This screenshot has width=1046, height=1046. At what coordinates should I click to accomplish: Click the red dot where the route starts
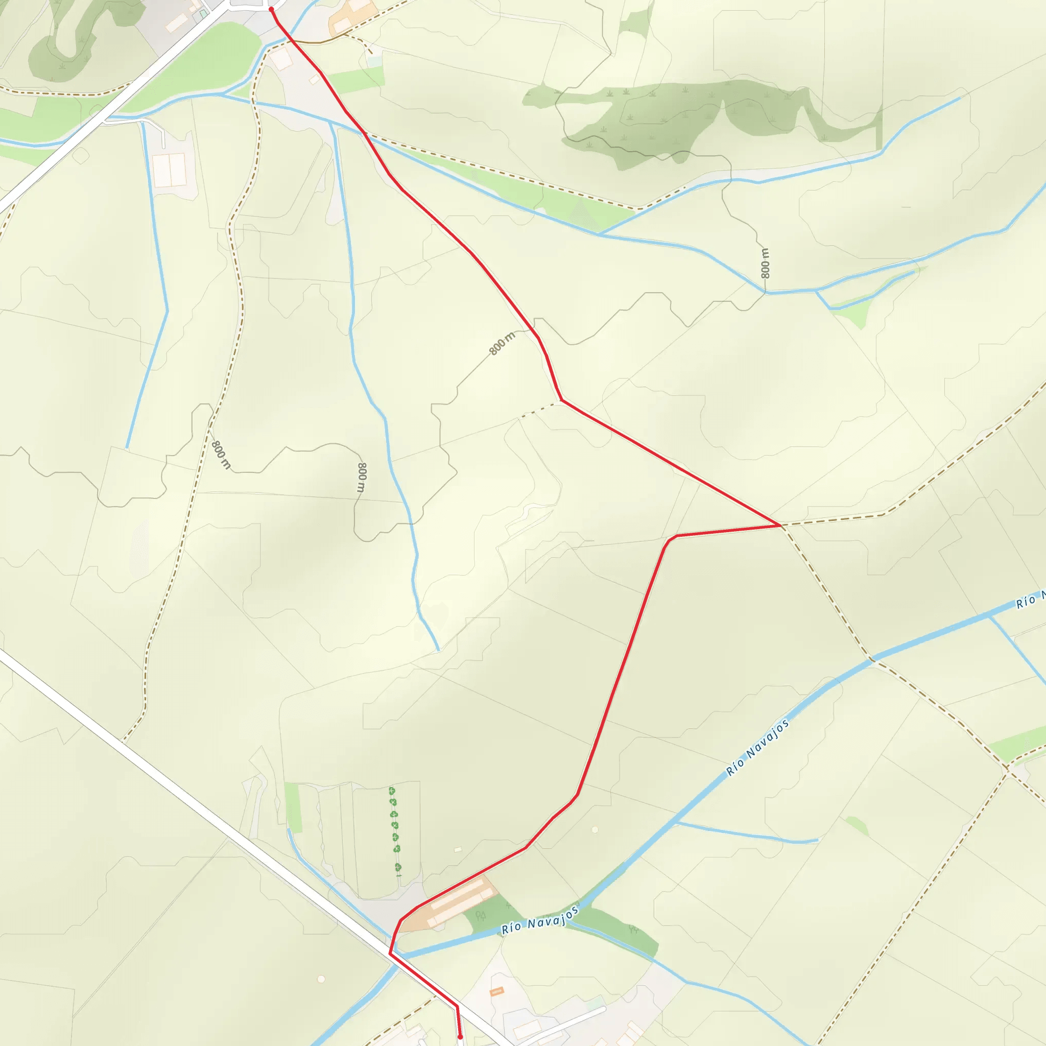[x=271, y=9]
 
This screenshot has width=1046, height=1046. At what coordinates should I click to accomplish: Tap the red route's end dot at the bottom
[x=460, y=1037]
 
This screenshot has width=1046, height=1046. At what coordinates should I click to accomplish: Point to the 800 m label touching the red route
[x=502, y=344]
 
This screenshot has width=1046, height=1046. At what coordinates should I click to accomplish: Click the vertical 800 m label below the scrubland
[x=765, y=263]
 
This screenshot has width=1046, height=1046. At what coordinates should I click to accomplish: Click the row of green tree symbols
[x=395, y=828]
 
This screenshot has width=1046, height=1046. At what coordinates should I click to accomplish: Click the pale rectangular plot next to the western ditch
[x=170, y=170]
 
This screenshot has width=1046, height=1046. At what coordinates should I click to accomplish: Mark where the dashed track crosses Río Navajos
[x=871, y=659]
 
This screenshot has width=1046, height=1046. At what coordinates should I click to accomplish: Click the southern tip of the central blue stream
[x=438, y=649]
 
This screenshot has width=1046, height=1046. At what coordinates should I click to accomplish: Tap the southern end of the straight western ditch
[x=126, y=448]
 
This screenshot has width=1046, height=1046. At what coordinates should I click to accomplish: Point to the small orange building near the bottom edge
[x=496, y=991]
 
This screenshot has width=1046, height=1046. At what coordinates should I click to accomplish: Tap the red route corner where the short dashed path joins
[x=561, y=400]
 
